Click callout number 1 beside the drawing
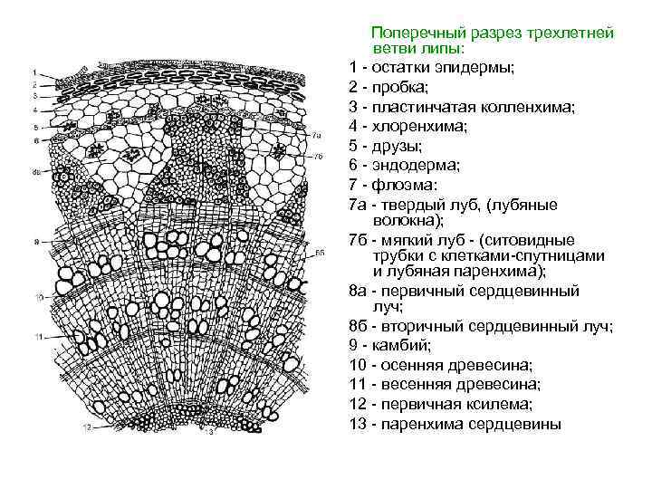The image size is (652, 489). [34, 72]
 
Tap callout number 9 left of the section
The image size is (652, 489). [34, 242]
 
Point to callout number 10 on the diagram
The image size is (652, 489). [37, 297]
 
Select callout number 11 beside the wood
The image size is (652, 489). [37, 336]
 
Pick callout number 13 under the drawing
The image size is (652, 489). [210, 433]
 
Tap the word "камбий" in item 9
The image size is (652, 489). [396, 345]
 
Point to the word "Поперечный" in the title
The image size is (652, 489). [416, 32]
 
